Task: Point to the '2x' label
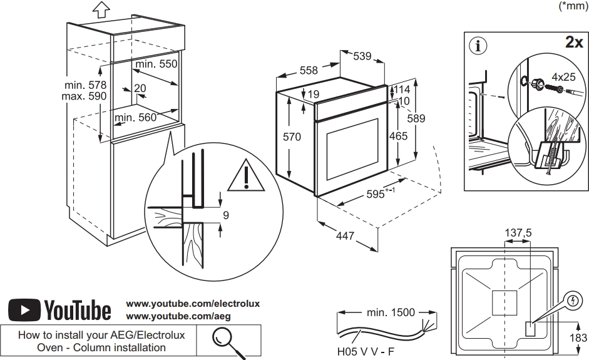click(573, 43)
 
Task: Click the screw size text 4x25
click(563, 77)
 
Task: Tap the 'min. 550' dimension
click(156, 64)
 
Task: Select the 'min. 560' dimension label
click(135, 116)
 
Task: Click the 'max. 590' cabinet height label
click(85, 96)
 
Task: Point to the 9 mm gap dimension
click(226, 215)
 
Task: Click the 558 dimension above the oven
click(309, 71)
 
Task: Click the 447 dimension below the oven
click(345, 236)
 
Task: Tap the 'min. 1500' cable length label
click(392, 311)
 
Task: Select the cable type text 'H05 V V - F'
click(366, 352)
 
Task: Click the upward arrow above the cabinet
click(100, 9)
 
